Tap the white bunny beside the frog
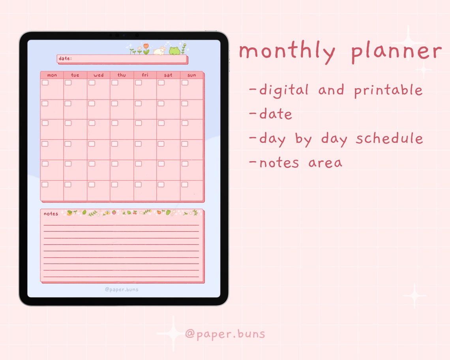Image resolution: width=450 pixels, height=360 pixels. click(x=159, y=51)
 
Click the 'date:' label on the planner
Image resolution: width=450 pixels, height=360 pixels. click(x=65, y=59)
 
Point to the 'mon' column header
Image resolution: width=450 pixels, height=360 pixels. click(x=52, y=75)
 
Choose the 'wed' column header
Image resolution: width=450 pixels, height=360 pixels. click(x=99, y=75)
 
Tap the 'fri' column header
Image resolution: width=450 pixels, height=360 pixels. click(x=145, y=75)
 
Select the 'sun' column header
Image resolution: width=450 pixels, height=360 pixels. click(x=192, y=75)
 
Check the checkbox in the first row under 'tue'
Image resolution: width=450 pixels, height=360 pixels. click(x=68, y=82)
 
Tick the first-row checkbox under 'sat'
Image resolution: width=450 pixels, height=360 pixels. click(x=161, y=82)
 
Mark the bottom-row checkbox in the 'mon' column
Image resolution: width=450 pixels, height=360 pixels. click(x=45, y=184)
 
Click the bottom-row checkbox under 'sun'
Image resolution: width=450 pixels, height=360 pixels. click(x=185, y=184)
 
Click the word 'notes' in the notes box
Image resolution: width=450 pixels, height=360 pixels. click(x=51, y=214)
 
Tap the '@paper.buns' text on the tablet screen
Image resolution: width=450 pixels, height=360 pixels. click(x=122, y=289)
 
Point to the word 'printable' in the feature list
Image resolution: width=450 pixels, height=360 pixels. click(x=388, y=91)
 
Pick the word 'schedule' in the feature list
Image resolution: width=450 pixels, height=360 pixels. click(x=389, y=139)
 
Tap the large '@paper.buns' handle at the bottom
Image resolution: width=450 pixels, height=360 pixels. click(x=225, y=334)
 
